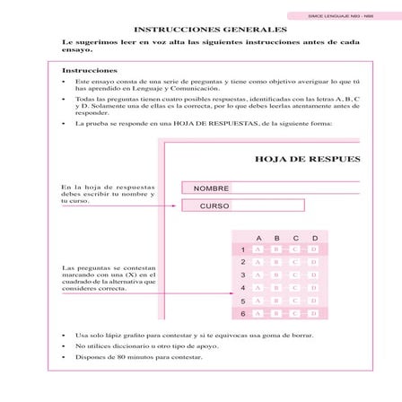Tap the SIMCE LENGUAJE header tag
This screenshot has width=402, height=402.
pyautogui.click(x=342, y=15)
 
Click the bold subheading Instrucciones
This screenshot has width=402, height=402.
pyautogui.click(x=89, y=70)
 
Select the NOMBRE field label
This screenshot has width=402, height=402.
pyautogui.click(x=213, y=188)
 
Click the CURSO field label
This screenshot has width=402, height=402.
pyautogui.click(x=214, y=206)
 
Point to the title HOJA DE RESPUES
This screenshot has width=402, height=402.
pyautogui.click(x=308, y=159)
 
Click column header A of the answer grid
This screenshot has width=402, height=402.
pyautogui.click(x=258, y=238)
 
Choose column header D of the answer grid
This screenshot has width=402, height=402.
pyautogui.click(x=315, y=238)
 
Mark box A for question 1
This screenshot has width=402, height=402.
pyautogui.click(x=258, y=249)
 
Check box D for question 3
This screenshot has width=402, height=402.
pyautogui.click(x=315, y=275)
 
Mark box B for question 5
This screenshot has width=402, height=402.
pyautogui.click(x=276, y=301)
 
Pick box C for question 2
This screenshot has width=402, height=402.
pyautogui.click(x=295, y=262)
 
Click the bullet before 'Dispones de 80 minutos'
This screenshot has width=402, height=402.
pyautogui.click(x=64, y=357)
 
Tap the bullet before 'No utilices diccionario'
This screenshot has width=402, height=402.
pyautogui.click(x=64, y=345)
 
